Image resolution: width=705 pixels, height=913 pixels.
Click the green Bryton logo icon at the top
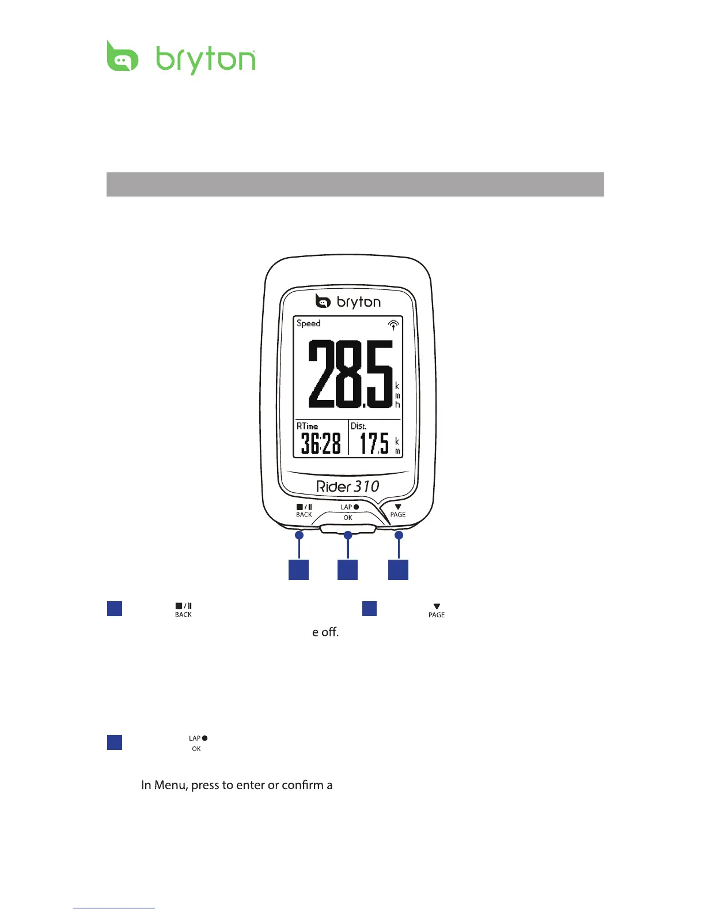pyautogui.click(x=122, y=56)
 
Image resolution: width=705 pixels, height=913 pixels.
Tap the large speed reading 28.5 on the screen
pyautogui.click(x=350, y=373)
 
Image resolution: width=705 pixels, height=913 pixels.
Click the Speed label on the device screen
pyautogui.click(x=308, y=323)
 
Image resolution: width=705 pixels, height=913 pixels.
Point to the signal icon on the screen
pyautogui.click(x=393, y=325)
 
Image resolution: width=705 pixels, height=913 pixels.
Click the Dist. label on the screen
pyautogui.click(x=358, y=426)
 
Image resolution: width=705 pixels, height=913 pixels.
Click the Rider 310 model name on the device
pyautogui.click(x=348, y=486)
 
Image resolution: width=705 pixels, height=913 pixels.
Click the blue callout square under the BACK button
pyautogui.click(x=298, y=569)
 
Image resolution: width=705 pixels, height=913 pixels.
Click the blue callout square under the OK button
pyautogui.click(x=347, y=569)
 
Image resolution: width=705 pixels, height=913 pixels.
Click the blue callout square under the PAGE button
pyautogui.click(x=398, y=569)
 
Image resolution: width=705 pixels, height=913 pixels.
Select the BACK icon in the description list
pyautogui.click(x=183, y=610)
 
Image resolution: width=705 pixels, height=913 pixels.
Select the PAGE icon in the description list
pyautogui.click(x=437, y=610)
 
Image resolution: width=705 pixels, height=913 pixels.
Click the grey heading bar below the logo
pyautogui.click(x=355, y=184)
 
